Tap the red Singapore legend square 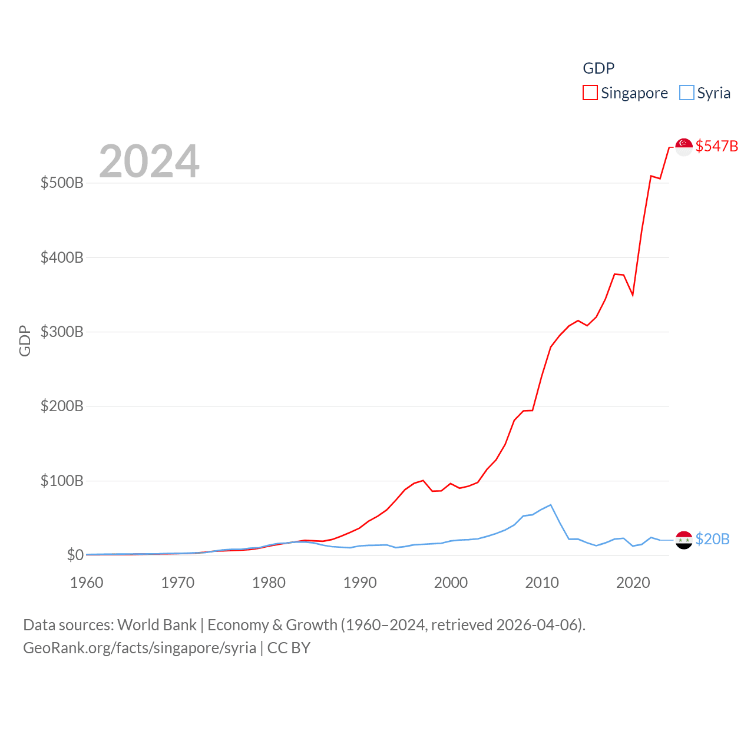[590, 93]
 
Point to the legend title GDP [598, 68]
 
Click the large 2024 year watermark [149, 161]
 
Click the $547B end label [716, 146]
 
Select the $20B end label [712, 539]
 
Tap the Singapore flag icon [684, 147]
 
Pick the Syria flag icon [684, 540]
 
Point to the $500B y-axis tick [62, 183]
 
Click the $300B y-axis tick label [62, 332]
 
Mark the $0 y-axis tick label [75, 555]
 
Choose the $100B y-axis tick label [62, 481]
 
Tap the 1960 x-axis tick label [87, 583]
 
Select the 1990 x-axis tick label [360, 583]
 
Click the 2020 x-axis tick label [633, 583]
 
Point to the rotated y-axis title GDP [25, 340]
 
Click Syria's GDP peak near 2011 [551, 505]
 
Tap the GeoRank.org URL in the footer [140, 648]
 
